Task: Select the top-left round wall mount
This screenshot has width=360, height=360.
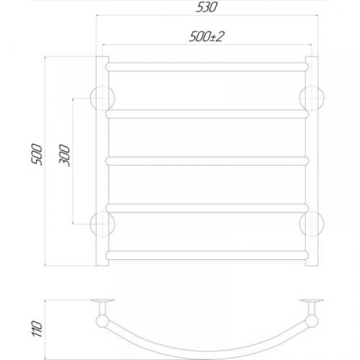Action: click(102, 96)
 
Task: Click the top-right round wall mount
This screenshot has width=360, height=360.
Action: click(310, 96)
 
